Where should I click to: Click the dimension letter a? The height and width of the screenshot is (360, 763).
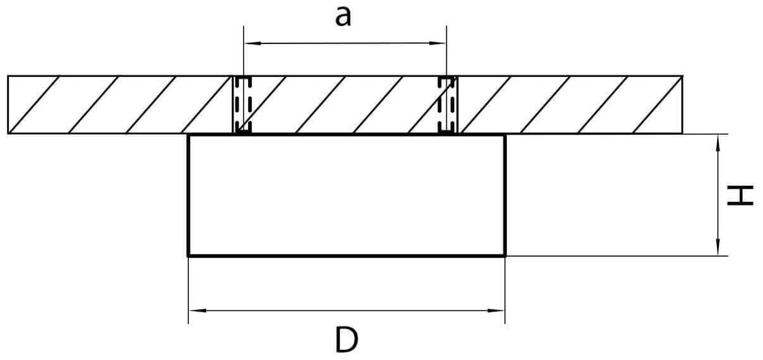tap(342, 18)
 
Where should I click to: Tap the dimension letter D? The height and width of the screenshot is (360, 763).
tap(346, 341)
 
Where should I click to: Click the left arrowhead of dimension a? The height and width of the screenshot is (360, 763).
tap(248, 43)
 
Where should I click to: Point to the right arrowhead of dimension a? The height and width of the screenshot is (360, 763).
tap(441, 43)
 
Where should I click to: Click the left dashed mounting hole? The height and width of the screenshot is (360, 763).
tap(242, 105)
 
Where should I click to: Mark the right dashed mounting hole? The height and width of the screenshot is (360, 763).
tap(446, 105)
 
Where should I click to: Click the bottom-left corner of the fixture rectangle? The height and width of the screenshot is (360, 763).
tap(188, 256)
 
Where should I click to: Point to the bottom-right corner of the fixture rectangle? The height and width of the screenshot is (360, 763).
tap(505, 256)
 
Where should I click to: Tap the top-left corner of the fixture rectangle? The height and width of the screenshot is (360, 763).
tap(188, 135)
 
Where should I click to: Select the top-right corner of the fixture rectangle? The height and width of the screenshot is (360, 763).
tap(505, 135)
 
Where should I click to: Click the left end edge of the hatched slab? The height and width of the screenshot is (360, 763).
tap(8, 105)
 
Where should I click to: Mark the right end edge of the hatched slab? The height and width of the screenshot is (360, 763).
tap(683, 105)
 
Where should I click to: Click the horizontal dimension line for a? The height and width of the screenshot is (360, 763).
tap(344, 43)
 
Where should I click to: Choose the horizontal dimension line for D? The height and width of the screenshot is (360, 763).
tap(346, 310)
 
